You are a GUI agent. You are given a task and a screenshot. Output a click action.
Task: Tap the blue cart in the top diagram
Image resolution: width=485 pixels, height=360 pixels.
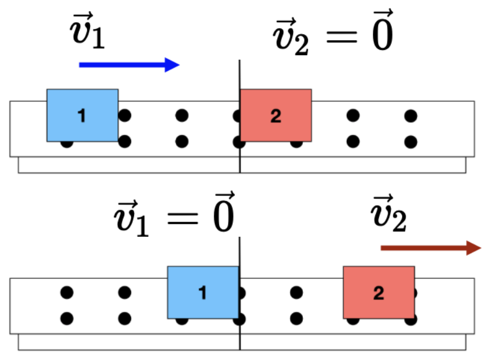(82, 115)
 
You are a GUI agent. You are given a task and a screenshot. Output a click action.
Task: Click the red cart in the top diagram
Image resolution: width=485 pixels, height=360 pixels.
(276, 115)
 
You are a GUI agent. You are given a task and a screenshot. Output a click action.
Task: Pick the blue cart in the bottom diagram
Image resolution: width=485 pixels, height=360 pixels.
(203, 292)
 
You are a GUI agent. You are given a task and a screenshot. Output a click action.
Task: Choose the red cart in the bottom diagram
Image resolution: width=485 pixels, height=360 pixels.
(379, 292)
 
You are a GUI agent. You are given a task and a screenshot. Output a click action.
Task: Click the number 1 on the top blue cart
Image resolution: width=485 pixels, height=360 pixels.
(82, 116)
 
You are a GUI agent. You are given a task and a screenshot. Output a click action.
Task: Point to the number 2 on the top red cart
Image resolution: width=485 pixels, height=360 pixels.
(276, 116)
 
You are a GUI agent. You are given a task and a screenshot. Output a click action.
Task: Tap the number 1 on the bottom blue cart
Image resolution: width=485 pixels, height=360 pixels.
(202, 293)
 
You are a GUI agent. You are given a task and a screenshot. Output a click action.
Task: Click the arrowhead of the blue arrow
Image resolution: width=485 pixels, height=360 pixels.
(173, 64)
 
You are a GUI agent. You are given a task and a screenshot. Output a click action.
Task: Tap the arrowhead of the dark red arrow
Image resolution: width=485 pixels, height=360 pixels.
(474, 248)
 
